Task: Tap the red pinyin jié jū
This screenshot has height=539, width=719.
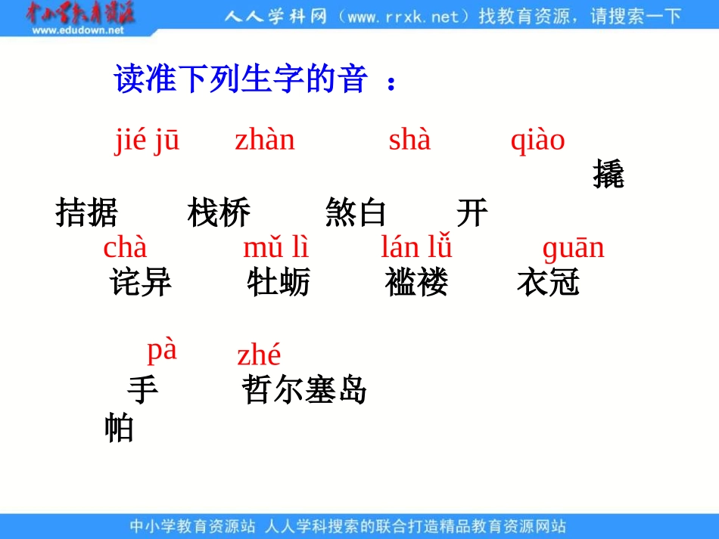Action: (147, 141)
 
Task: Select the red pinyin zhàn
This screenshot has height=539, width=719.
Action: (264, 140)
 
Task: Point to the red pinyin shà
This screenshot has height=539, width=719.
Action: (409, 140)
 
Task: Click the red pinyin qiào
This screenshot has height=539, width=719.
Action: (537, 141)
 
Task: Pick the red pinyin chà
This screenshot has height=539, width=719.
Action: (125, 248)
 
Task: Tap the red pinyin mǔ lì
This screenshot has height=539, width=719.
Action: (275, 248)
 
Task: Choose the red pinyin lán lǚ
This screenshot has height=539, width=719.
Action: (416, 248)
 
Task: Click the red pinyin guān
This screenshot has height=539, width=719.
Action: (573, 248)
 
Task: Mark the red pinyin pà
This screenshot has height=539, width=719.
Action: (161, 350)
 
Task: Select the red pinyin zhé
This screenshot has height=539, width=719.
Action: (259, 355)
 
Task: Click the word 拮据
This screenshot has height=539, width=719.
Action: (87, 214)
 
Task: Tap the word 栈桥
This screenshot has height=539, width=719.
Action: (219, 214)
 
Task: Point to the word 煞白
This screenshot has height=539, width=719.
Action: (356, 214)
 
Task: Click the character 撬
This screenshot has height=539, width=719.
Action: (608, 175)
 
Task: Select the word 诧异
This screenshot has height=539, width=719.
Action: (141, 283)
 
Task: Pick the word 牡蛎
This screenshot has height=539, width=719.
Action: (279, 283)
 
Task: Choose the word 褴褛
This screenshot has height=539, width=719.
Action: (416, 283)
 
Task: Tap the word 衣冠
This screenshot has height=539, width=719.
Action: (548, 283)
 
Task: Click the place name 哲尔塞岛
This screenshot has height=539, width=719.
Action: (304, 391)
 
